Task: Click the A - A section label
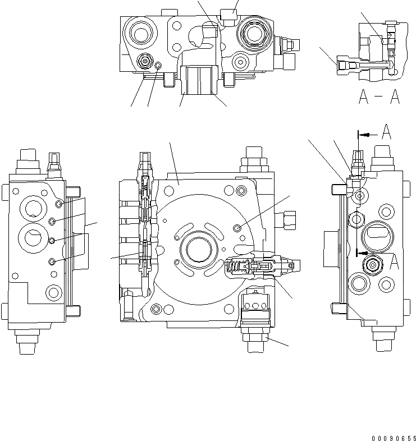[x=380, y=98]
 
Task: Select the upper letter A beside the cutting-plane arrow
[x=386, y=133]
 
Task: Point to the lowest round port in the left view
[x=54, y=291]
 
